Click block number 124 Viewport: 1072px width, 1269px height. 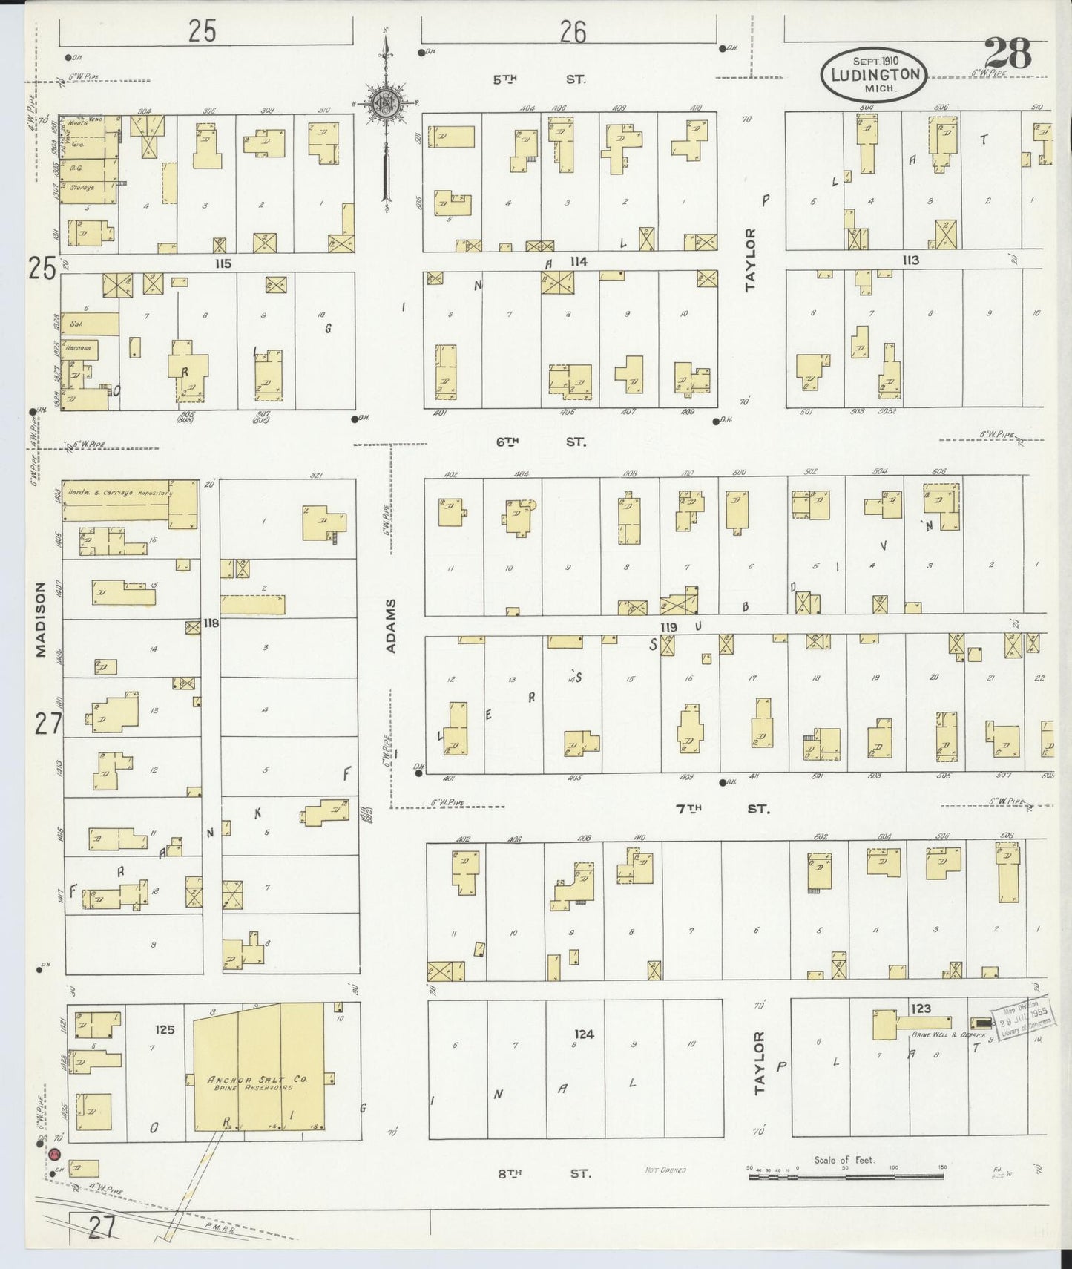point(584,1034)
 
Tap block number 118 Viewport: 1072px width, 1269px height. point(211,623)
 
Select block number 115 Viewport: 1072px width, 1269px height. point(223,263)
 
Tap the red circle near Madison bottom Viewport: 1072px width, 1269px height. point(54,1155)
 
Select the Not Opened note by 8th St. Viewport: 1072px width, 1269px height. point(665,1170)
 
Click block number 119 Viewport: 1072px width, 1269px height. point(668,627)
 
